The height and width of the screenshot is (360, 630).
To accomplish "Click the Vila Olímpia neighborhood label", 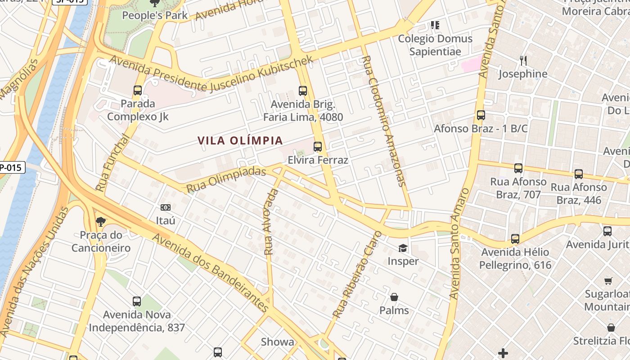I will pos(240,140).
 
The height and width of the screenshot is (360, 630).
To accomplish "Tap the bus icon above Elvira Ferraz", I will pos(318,146).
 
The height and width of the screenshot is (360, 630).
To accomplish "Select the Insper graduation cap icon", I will pos(403,248).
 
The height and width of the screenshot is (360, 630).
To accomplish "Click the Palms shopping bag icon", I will pos(394,297).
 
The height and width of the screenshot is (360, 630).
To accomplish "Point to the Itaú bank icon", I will pos(166,207).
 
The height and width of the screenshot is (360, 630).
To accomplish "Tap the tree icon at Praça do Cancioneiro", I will pos(101,221).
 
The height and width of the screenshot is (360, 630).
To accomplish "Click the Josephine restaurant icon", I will pos(523,60).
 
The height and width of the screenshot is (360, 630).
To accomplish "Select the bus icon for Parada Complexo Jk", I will pos(138,90).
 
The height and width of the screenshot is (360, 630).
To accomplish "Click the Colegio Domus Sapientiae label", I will pos(435,45).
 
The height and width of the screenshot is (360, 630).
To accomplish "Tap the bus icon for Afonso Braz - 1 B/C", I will pos(481,115).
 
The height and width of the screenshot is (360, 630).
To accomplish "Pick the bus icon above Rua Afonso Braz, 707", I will pos(518,168).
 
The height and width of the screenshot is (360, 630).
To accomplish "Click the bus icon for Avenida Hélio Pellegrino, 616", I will pos(515,238).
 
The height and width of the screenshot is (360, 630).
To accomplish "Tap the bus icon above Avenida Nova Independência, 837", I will pos(137,301).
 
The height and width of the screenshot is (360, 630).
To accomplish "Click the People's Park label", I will pos(155,15).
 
